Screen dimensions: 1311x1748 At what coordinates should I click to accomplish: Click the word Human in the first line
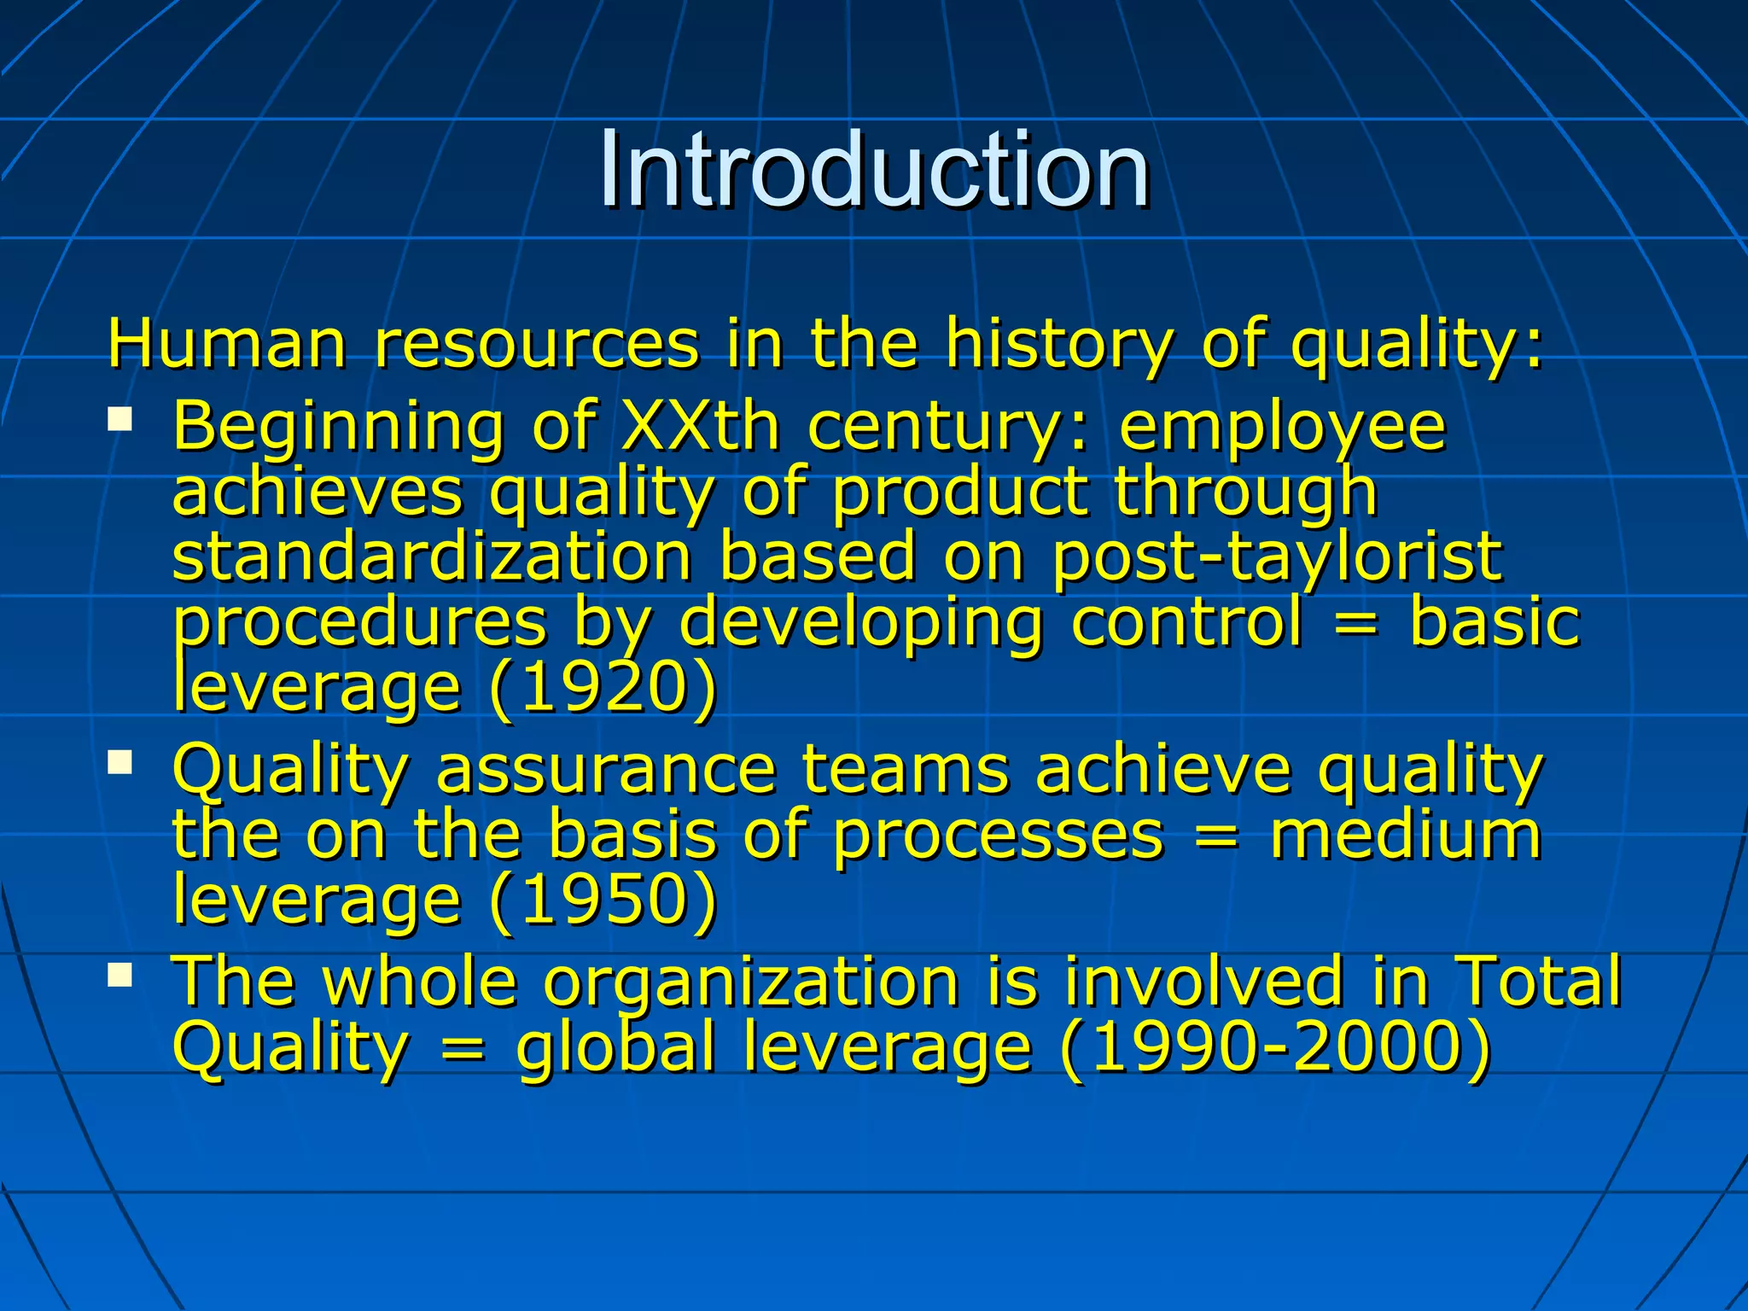pyautogui.click(x=227, y=343)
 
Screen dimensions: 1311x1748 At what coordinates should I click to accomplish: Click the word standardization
pyautogui.click(x=432, y=556)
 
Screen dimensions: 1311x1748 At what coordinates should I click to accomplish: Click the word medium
pyautogui.click(x=1406, y=834)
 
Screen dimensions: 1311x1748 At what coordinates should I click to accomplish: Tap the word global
pyautogui.click(x=615, y=1048)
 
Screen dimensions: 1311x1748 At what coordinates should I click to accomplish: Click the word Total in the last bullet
pyautogui.click(x=1537, y=981)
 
